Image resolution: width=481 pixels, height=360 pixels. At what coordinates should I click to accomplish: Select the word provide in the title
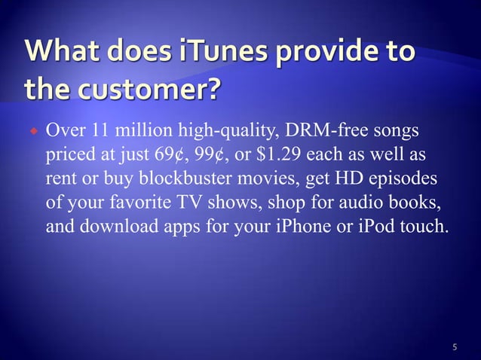pos(317,54)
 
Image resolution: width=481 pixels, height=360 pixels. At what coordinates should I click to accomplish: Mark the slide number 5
pos(455,347)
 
